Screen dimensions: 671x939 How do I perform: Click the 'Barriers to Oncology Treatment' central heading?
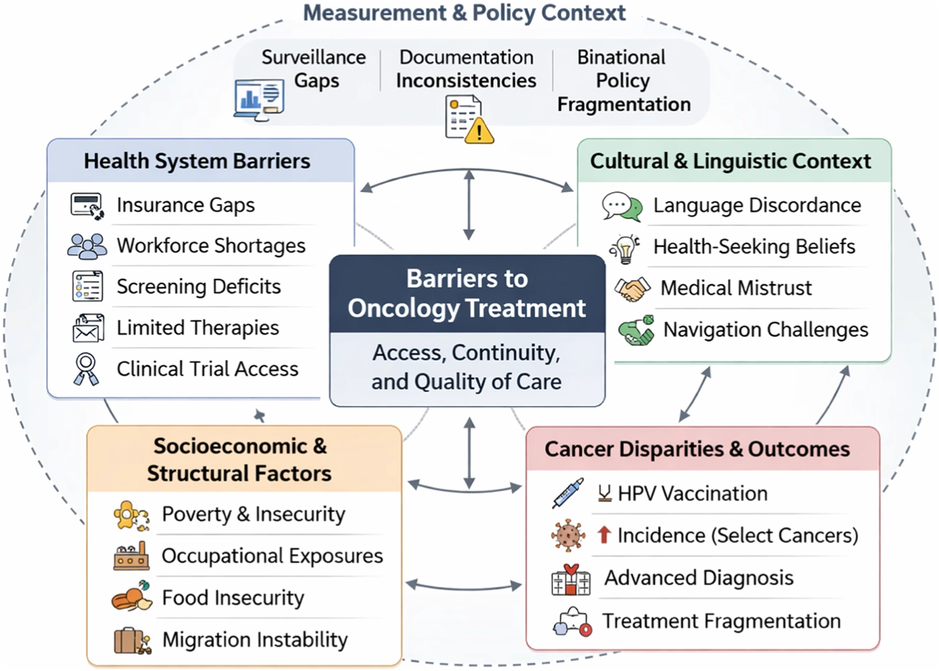467,294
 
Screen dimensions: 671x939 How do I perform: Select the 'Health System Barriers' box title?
197,162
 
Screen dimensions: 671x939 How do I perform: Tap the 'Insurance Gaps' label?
186,205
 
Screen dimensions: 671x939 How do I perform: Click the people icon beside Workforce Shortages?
87,246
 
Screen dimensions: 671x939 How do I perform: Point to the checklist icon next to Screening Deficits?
87,286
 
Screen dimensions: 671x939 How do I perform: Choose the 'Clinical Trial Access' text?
207,369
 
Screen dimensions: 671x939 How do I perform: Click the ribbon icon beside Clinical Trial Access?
86,369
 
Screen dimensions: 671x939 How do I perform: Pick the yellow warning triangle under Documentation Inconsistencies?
479,131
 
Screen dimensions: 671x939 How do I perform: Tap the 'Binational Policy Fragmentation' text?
623,80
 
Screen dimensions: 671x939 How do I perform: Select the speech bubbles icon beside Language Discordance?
622,206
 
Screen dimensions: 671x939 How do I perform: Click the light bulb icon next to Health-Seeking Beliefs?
625,249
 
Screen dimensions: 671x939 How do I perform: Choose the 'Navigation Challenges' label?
765,330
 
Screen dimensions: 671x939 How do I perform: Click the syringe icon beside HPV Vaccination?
567,494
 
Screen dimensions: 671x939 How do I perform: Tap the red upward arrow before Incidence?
604,534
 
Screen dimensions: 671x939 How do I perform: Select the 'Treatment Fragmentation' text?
721,621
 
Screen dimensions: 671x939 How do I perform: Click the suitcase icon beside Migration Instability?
131,640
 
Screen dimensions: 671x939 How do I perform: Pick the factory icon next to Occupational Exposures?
131,556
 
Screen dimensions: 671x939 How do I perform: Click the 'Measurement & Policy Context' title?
464,13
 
